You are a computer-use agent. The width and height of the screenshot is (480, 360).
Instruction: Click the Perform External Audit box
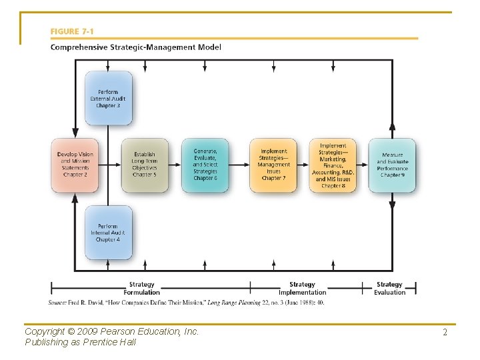click(108, 98)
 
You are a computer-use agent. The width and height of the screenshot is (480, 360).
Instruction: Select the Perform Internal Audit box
click(108, 233)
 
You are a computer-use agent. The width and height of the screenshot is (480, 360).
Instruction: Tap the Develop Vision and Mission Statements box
click(75, 165)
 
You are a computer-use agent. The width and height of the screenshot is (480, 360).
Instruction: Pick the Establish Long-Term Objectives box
click(145, 165)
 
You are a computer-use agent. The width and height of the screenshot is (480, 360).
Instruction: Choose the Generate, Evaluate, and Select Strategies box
click(205, 165)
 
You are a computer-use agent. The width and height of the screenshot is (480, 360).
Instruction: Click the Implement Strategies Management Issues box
click(273, 165)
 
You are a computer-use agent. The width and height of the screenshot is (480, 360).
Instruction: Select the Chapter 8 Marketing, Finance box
click(333, 165)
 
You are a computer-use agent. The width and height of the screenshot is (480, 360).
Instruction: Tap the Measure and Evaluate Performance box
click(393, 165)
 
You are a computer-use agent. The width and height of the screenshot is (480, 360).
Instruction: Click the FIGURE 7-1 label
click(69, 31)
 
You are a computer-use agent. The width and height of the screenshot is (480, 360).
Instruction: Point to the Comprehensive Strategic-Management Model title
click(136, 47)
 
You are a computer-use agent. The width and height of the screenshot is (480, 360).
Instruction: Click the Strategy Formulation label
click(141, 288)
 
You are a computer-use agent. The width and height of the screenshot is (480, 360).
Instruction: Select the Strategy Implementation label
click(302, 288)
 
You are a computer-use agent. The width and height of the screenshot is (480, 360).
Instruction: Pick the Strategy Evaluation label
click(389, 288)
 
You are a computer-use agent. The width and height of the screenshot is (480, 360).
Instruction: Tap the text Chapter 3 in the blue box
click(108, 105)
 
